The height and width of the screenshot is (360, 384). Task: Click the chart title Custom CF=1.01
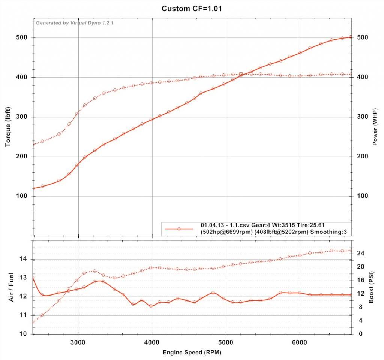click(x=192, y=8)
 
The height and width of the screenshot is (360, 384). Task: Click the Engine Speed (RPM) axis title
click(x=192, y=353)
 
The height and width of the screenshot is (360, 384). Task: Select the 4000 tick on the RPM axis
click(x=151, y=341)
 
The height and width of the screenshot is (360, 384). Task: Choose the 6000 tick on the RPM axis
click(x=299, y=341)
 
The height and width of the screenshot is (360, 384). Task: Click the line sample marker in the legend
click(x=179, y=229)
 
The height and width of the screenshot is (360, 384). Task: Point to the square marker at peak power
click(x=351, y=37)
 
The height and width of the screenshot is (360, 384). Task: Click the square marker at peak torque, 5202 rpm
click(x=241, y=74)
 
